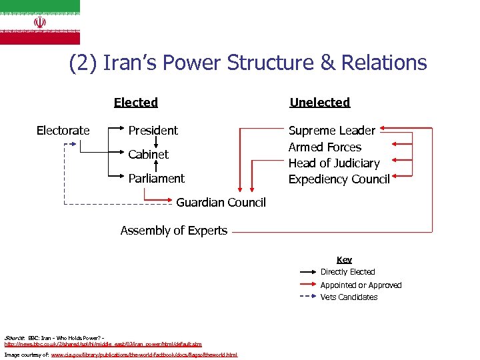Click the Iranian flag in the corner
point(40,22)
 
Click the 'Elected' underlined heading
point(136,102)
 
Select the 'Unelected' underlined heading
point(320,102)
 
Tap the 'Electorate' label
point(63,130)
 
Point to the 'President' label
point(153,130)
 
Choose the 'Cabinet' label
point(149,154)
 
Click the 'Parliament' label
point(157,178)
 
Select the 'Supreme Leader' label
point(332,130)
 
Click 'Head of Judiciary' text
point(334,163)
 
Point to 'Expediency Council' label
point(339,179)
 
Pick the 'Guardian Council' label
point(221,202)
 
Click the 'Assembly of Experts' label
point(174,231)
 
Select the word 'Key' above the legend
point(344,259)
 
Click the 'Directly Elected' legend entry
point(348,272)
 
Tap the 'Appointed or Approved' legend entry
point(361,285)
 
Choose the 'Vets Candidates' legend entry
point(349,297)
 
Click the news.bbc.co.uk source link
point(103,344)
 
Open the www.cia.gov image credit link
point(144,355)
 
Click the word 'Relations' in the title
point(383,63)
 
